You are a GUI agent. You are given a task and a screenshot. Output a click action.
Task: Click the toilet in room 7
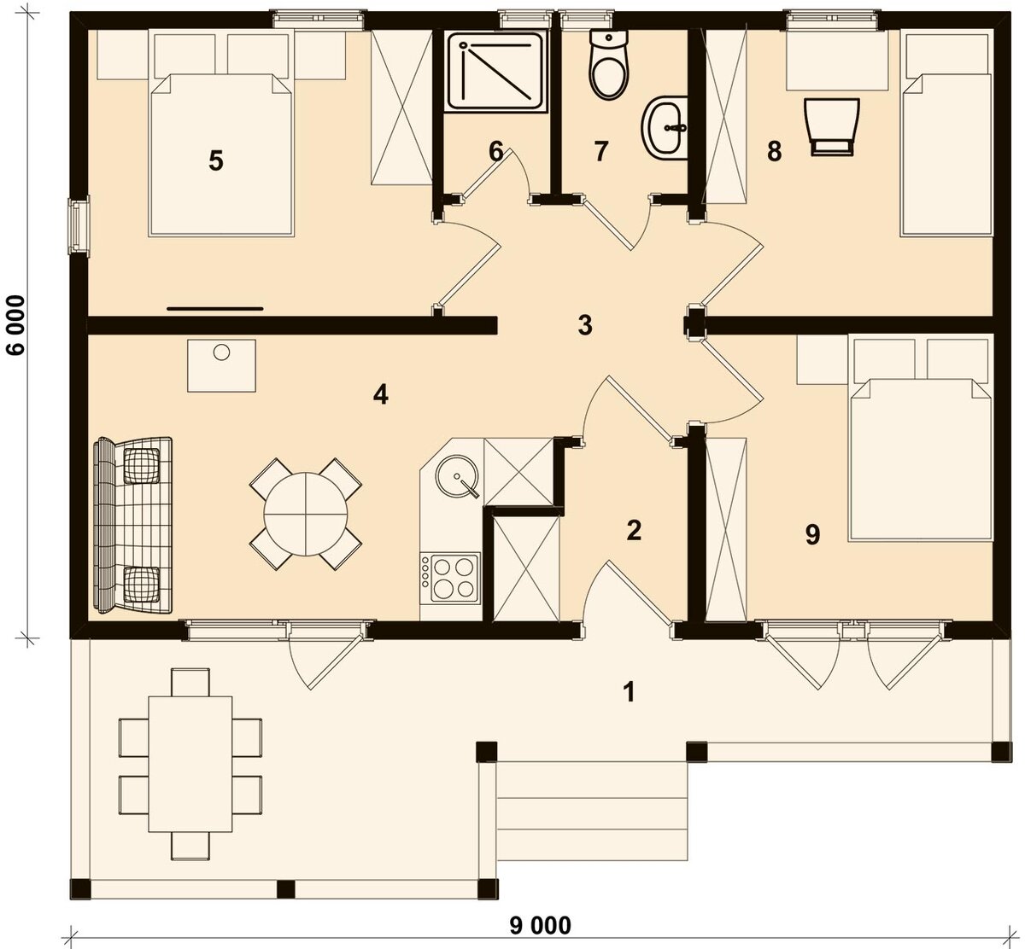pos(610,64)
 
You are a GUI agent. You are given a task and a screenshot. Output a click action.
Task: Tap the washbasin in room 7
pos(665,127)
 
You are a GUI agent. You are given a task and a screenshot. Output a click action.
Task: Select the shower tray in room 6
pos(496,73)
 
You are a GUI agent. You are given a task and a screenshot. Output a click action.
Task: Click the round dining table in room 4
pos(306,515)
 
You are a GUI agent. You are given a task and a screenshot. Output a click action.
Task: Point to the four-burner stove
pos(450,577)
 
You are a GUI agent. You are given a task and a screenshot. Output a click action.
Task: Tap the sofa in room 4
pos(132,526)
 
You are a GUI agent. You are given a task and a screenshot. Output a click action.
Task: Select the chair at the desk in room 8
pos(832,127)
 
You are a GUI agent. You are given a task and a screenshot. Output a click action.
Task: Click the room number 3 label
pos(585,325)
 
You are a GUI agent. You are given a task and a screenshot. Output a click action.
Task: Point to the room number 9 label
pos(812,535)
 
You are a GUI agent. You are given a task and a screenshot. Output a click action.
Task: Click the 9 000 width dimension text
pos(541,925)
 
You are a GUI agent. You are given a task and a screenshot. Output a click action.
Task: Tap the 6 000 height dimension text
pos(16,325)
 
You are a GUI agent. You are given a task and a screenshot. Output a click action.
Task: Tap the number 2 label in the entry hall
pos(634,531)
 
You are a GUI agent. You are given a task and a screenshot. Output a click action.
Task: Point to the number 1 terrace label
pos(630,693)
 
